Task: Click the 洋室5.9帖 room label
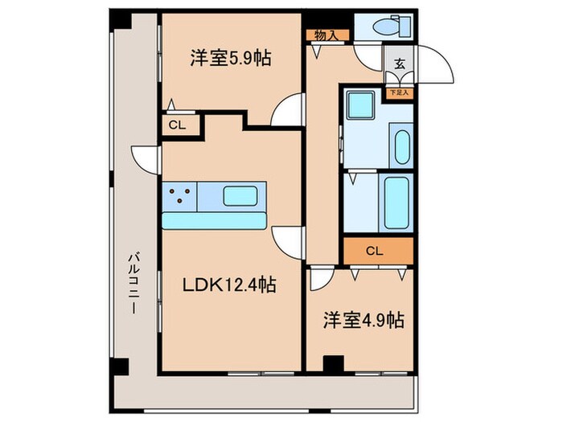(x=229, y=58)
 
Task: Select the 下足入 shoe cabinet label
(x=399, y=92)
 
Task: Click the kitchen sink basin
(x=240, y=196)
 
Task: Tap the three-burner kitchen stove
(x=179, y=196)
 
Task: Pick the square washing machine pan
(x=358, y=104)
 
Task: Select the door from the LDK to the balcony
(x=146, y=158)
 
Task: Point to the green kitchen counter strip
(x=215, y=219)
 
